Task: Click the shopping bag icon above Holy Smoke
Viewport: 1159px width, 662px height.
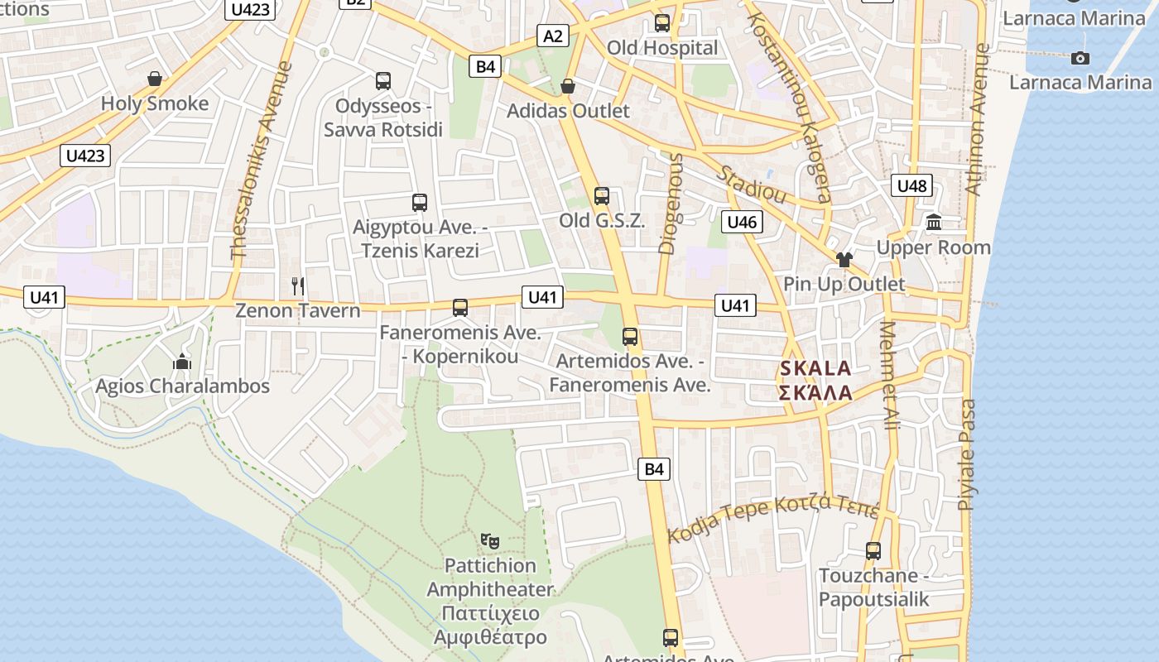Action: [154, 79]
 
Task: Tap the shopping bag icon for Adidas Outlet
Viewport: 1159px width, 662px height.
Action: [568, 86]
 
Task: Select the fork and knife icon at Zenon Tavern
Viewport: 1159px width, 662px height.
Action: [298, 286]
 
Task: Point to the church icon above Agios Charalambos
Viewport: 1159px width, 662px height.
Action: [182, 362]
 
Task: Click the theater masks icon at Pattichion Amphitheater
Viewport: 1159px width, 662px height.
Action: [490, 541]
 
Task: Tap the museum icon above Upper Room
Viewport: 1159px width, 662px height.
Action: [935, 222]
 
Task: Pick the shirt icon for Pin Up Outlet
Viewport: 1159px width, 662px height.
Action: [844, 259]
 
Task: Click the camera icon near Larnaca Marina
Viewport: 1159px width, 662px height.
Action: [1080, 58]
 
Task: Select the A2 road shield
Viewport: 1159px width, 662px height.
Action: [553, 36]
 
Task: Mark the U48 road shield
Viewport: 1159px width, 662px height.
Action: [912, 185]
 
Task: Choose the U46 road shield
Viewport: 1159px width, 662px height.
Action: [742, 222]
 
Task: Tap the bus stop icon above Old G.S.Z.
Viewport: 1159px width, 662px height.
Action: [602, 196]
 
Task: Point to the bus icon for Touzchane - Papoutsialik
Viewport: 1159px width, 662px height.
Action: [873, 550]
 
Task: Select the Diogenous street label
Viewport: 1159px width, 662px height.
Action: [671, 203]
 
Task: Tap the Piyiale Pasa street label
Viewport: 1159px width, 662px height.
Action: [966, 455]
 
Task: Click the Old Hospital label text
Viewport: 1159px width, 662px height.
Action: [662, 48]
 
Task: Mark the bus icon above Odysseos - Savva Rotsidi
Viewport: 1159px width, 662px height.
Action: [382, 81]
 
